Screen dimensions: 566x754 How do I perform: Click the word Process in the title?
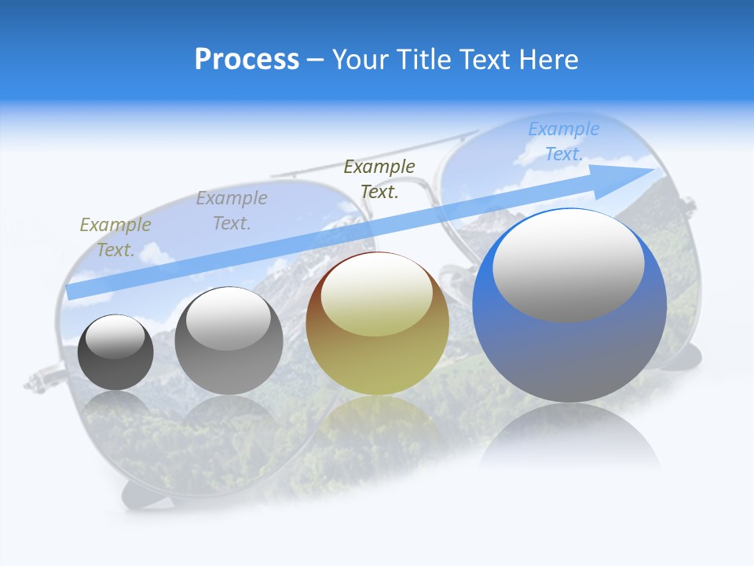pyautogui.click(x=247, y=60)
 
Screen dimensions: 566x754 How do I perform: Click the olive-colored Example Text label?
pyautogui.click(x=115, y=237)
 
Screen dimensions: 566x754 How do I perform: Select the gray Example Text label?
pyautogui.click(x=232, y=211)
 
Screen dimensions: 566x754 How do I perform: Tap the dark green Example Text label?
pyautogui.click(x=379, y=178)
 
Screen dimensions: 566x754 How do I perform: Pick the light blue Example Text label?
pyautogui.click(x=563, y=141)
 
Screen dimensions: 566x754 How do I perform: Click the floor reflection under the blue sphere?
pyautogui.click(x=569, y=436)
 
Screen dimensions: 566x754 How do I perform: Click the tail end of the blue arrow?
pyautogui.click(x=72, y=291)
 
